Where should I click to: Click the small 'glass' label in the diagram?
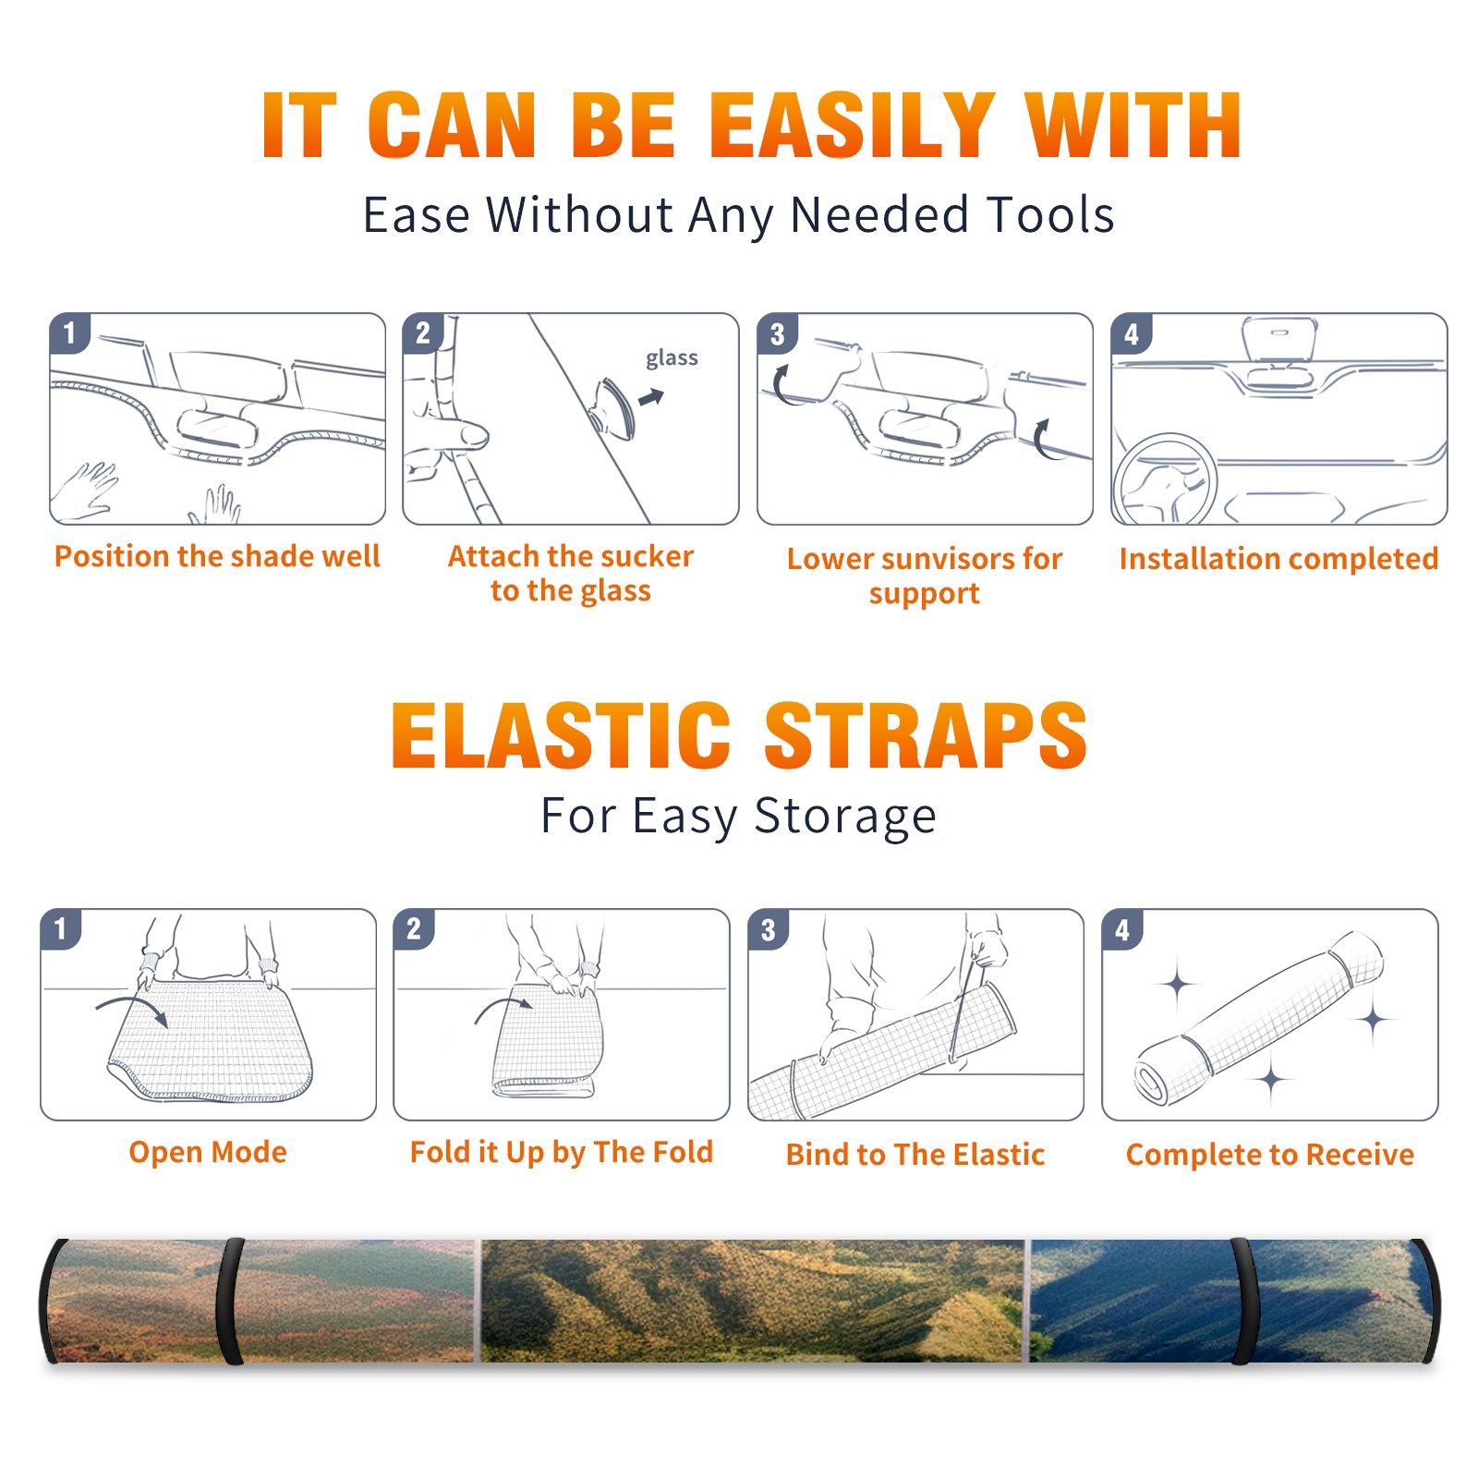point(672,358)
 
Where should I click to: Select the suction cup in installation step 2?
point(612,407)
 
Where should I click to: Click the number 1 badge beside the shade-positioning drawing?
point(69,332)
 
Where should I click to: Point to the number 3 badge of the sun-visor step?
point(777,333)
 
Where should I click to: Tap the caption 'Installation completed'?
point(1278,559)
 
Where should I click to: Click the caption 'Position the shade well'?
point(217,556)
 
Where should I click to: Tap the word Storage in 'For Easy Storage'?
point(845,817)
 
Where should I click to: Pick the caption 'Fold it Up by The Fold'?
point(562,1152)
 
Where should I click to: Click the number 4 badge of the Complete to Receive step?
point(1122,929)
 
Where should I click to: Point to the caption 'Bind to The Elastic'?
point(915,1155)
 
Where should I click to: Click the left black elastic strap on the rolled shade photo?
point(230,1301)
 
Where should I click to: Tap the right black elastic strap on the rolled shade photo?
point(1243,1301)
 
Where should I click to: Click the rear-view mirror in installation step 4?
point(1279,340)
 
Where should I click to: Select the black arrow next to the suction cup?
point(651,397)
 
